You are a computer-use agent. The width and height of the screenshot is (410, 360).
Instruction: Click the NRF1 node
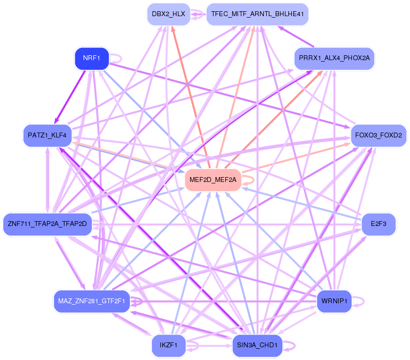click(91, 58)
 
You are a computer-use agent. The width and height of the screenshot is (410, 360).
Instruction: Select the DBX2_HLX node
click(168, 14)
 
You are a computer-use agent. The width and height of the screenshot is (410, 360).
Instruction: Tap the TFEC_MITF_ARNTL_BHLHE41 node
click(258, 14)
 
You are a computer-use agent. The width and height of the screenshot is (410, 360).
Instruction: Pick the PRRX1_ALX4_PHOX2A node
click(334, 58)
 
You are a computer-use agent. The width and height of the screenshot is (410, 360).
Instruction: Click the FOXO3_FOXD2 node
click(379, 135)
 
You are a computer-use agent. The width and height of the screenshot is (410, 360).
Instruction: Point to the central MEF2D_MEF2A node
click(213, 180)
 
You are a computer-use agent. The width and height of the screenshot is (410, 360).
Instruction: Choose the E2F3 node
click(378, 224)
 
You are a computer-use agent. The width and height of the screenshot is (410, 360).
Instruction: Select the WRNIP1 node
click(334, 301)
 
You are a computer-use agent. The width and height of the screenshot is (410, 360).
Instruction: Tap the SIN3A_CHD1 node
click(257, 345)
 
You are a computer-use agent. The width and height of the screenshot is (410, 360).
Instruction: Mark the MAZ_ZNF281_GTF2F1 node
click(92, 301)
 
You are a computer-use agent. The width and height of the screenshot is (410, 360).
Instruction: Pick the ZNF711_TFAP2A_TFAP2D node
click(47, 224)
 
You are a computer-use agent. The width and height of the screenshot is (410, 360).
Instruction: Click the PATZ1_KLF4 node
click(47, 135)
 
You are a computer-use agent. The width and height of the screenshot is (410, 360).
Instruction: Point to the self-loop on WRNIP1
click(361, 301)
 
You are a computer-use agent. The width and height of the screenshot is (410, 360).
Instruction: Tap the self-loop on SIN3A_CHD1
click(291, 345)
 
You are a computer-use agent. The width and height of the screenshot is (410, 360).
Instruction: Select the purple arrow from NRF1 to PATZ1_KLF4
click(71, 95)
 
